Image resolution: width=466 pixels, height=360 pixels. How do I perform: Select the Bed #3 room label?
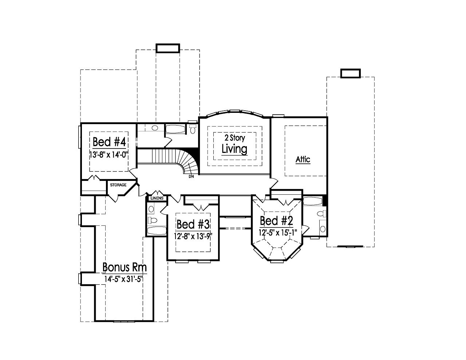[193, 223]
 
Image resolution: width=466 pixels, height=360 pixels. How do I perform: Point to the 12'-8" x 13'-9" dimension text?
[193, 236]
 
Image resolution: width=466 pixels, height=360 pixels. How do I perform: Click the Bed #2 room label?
[276, 221]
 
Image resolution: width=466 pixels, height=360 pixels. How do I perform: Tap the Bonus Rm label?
[124, 268]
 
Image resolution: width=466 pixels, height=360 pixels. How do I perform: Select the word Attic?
[303, 159]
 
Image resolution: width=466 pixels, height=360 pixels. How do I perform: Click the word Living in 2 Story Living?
[234, 149]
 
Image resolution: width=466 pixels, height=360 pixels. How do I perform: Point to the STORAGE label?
[118, 185]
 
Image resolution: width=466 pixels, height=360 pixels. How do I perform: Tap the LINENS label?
[157, 198]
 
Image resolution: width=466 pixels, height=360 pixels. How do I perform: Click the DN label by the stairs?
[191, 177]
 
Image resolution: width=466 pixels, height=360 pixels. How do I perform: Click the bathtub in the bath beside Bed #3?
[156, 230]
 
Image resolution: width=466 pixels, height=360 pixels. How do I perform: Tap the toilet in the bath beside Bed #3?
[153, 220]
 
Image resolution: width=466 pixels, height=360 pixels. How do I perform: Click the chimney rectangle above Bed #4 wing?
[167, 48]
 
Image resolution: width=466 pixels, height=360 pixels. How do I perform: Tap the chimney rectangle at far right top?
[350, 73]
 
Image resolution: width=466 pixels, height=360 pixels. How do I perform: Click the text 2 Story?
[234, 138]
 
